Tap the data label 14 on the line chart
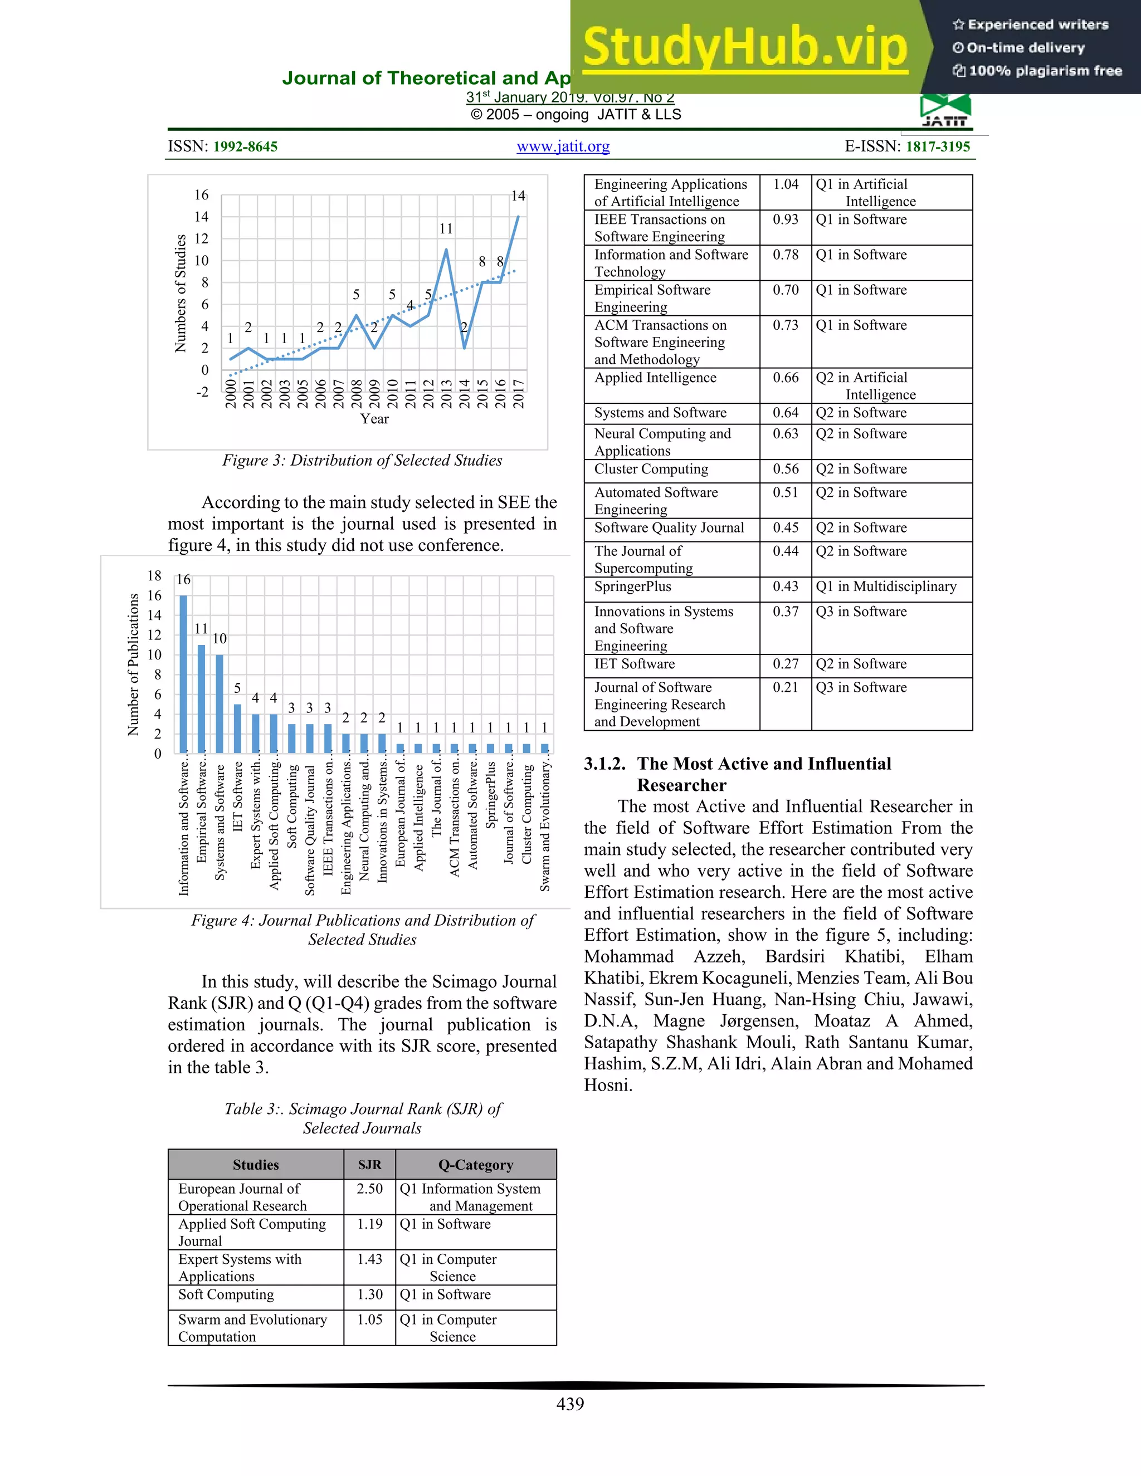pos(518,196)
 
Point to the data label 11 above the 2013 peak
pos(446,229)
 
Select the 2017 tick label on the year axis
pos(519,393)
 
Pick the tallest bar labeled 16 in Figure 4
pos(183,673)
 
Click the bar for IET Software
pos(237,728)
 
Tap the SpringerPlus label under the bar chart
pos(491,795)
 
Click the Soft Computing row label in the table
pos(226,1294)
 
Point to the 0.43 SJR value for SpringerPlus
pos(786,587)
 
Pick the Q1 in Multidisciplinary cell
pos(885,587)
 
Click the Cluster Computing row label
pos(651,469)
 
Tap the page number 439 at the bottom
pos(570,1404)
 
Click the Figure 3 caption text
pos(362,460)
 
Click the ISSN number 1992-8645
pos(245,146)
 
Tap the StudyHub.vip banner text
pos(744,47)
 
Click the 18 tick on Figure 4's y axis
pos(154,576)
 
